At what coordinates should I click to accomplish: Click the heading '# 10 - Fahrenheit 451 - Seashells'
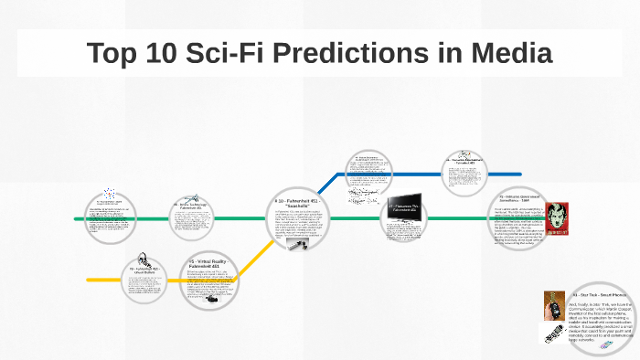point(302,202)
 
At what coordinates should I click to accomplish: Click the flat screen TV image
point(403,206)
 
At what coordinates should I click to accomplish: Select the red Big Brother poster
point(558,219)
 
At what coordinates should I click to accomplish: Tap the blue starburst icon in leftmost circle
point(111,195)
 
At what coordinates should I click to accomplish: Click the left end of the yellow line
point(89,279)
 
